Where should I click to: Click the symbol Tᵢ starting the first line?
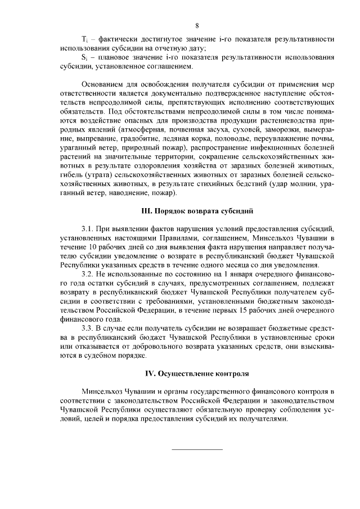84,39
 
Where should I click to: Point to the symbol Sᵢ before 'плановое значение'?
84,58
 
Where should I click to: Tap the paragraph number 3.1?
89,231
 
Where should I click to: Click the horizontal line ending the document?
197,449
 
